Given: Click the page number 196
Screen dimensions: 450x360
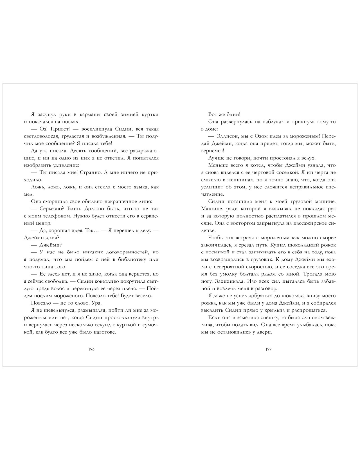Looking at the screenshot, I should pos(91,349).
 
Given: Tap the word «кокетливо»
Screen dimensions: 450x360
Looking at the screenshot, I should pos(105,281).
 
